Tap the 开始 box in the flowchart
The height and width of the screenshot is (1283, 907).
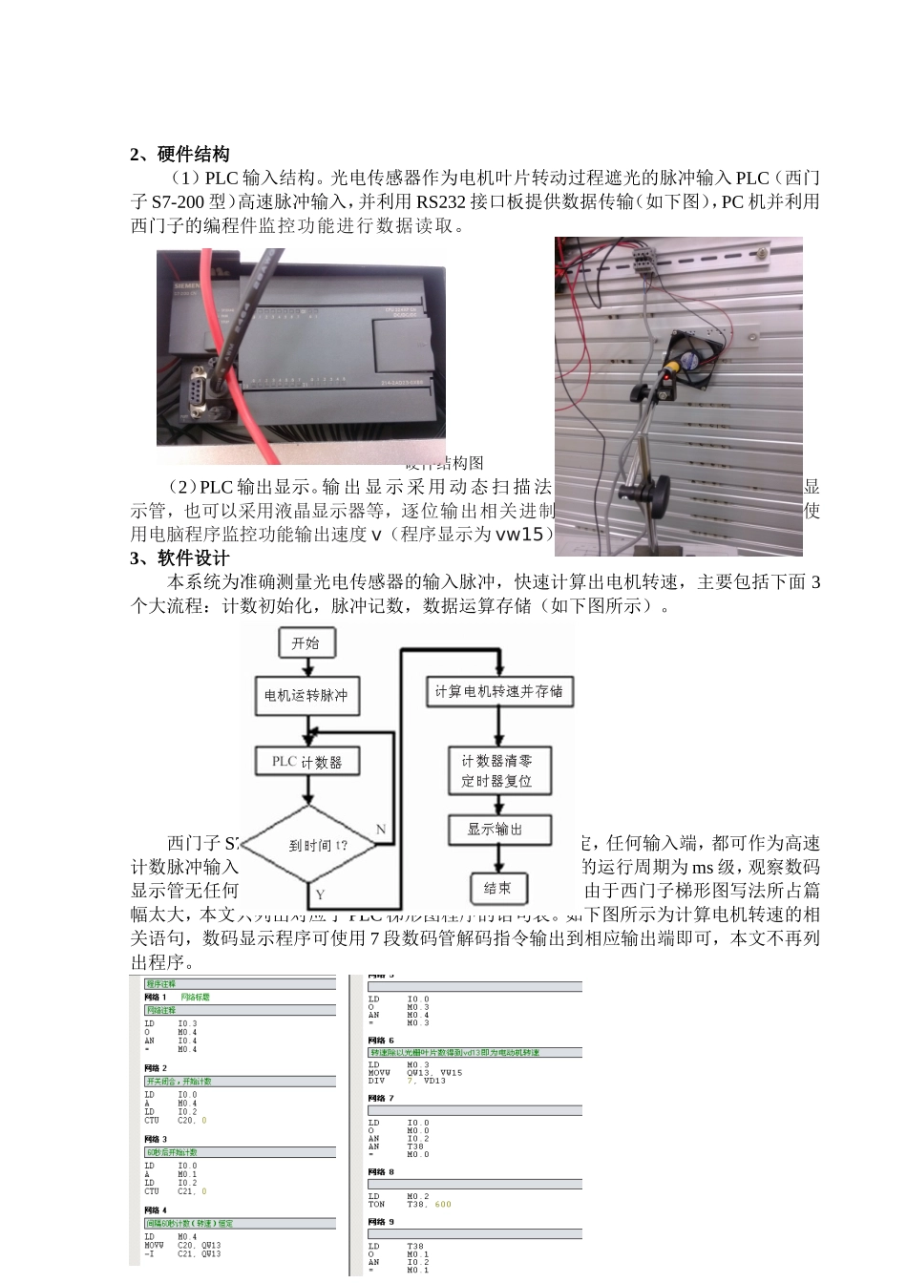306,643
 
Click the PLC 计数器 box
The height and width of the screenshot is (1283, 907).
306,762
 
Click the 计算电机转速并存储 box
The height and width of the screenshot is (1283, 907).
498,691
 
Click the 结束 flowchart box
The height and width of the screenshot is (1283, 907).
497,888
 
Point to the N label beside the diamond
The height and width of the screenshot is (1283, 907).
380,830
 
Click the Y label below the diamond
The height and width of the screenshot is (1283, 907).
320,894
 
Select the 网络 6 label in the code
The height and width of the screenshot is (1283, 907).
382,1040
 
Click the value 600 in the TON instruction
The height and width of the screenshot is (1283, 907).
443,1204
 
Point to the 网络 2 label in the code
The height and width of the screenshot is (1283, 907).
156,1067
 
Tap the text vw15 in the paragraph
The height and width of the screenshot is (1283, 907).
521,535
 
